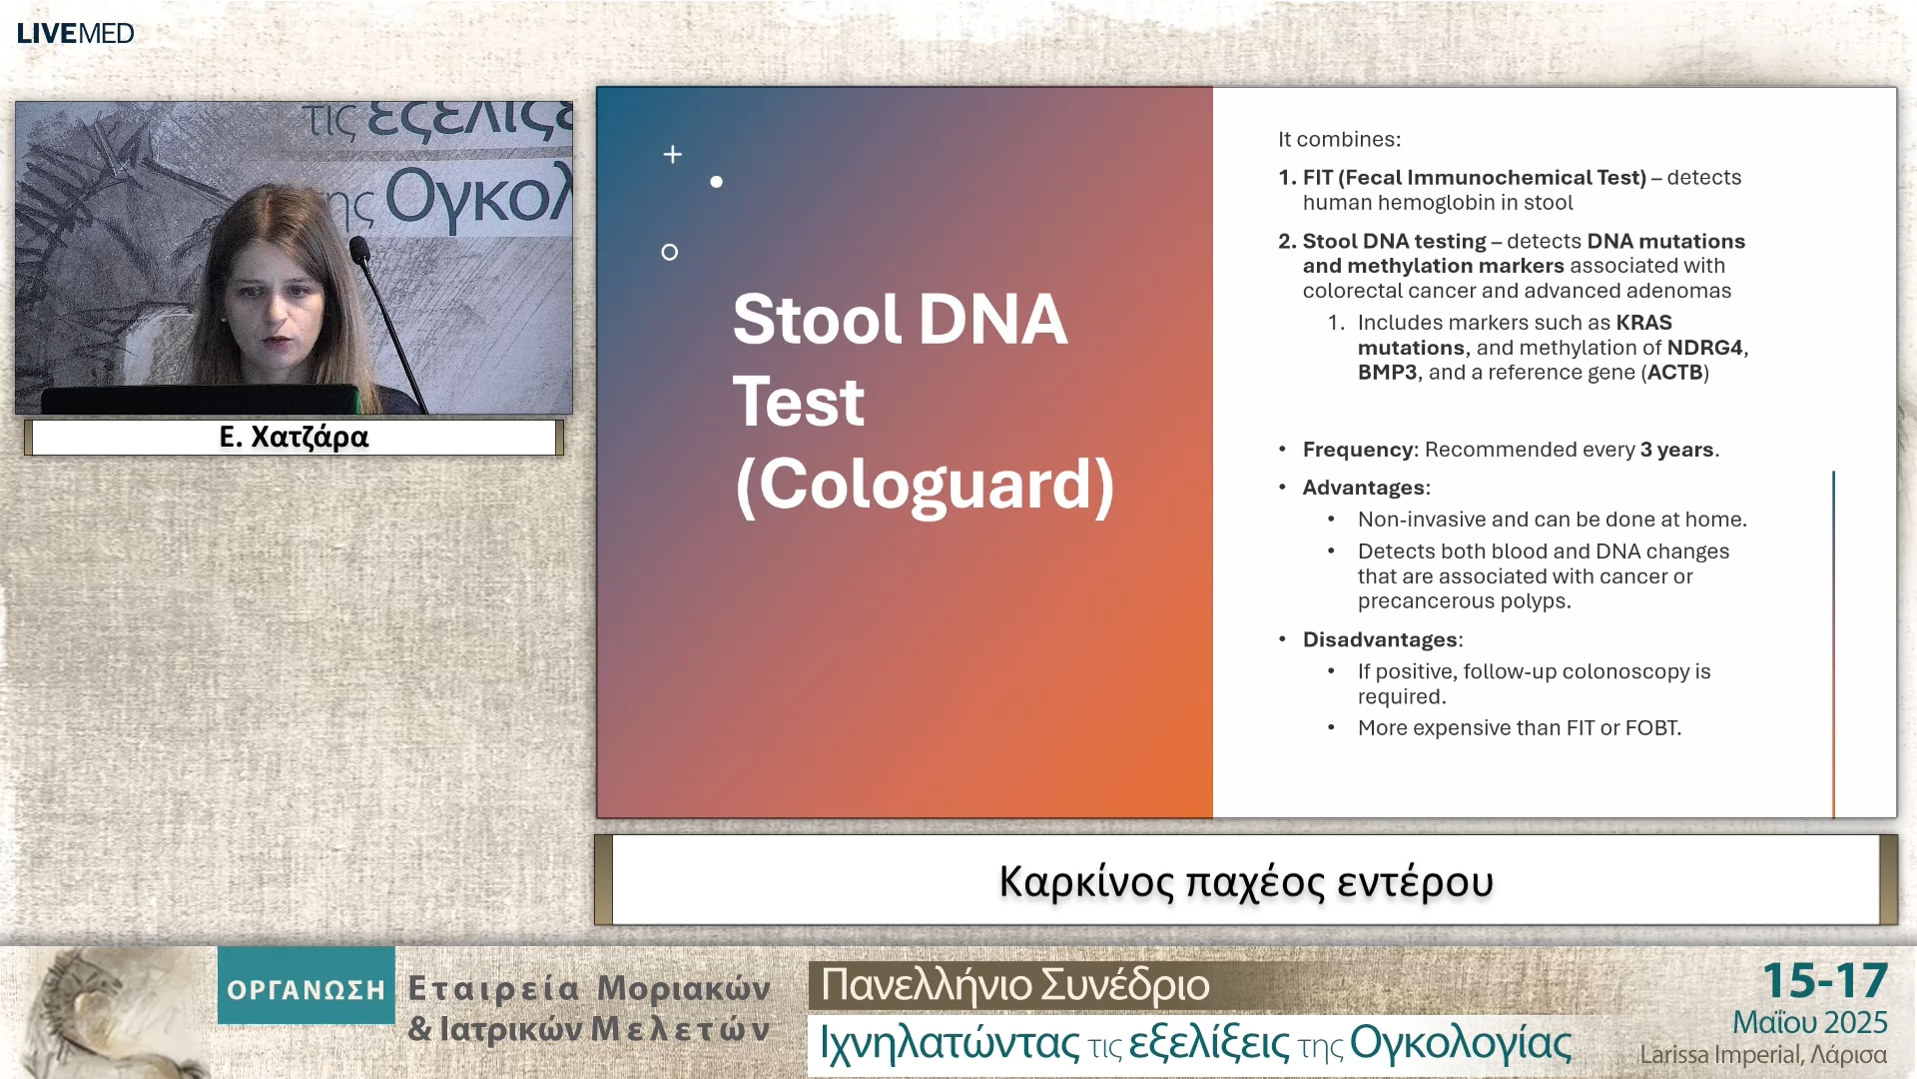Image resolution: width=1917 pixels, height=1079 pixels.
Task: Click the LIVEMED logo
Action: tap(75, 33)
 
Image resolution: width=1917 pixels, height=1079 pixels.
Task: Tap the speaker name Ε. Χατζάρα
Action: tap(294, 437)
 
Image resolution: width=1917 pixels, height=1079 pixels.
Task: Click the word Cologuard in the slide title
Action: tap(925, 485)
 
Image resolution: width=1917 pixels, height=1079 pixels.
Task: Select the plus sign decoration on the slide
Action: tap(673, 154)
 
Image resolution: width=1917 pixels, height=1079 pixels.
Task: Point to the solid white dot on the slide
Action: tap(716, 182)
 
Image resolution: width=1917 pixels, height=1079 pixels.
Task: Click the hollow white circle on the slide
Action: tap(670, 253)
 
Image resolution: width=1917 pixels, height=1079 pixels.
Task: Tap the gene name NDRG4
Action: tap(1704, 348)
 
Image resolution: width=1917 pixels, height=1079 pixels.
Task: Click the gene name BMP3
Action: tap(1387, 373)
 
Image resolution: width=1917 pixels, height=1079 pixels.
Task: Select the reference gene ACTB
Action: tap(1674, 373)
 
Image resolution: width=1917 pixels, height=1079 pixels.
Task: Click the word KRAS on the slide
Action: tap(1643, 323)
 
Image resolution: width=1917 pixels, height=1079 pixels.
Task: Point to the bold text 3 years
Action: tap(1676, 450)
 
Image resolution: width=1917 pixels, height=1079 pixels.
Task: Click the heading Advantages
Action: tap(1364, 488)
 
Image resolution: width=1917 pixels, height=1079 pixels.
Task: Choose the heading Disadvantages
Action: tap(1380, 639)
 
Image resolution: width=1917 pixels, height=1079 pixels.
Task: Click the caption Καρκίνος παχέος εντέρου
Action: tap(1246, 881)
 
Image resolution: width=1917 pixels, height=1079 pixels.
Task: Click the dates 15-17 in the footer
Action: tap(1825, 981)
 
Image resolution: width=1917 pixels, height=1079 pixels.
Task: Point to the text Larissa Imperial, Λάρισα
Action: tap(1763, 1055)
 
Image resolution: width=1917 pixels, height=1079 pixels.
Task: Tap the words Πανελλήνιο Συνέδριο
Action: tap(1014, 985)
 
